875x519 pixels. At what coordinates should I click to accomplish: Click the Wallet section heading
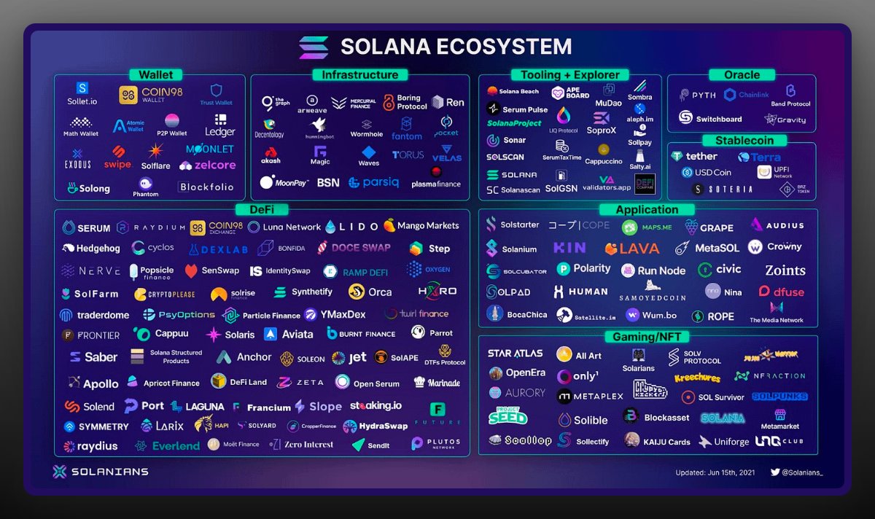pyautogui.click(x=155, y=74)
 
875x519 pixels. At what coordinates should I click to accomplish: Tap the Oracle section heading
pyautogui.click(x=742, y=74)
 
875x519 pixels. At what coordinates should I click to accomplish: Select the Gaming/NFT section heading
pyautogui.click(x=647, y=336)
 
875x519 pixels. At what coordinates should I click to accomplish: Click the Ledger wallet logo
pyautogui.click(x=219, y=125)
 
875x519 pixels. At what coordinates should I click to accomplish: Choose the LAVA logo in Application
pyautogui.click(x=632, y=249)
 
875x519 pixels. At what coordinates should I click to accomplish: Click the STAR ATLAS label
pyautogui.click(x=515, y=354)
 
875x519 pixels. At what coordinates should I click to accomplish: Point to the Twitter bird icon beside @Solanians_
pyautogui.click(x=775, y=472)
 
